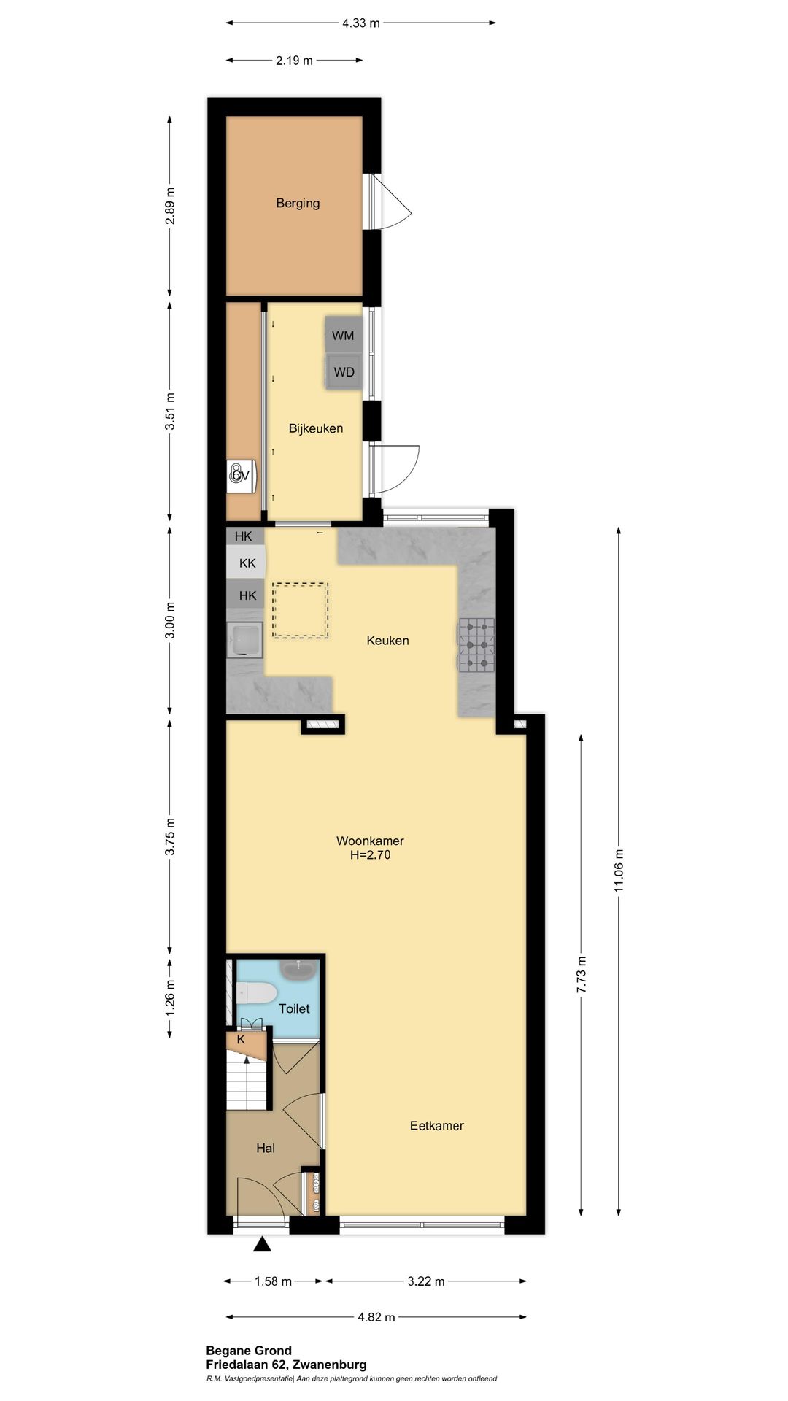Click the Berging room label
point(298,203)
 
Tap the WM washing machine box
point(343,335)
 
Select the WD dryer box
point(344,372)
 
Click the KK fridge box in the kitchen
point(246,563)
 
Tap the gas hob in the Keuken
point(476,645)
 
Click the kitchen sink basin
point(244,641)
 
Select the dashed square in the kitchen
point(301,610)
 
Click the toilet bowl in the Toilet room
point(256,992)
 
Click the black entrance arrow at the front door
point(262,1244)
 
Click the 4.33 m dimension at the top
point(361,23)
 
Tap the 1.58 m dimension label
point(273,1281)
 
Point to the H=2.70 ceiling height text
point(370,855)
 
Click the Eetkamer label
point(437,1125)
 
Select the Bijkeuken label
point(316,428)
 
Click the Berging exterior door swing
point(389,202)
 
